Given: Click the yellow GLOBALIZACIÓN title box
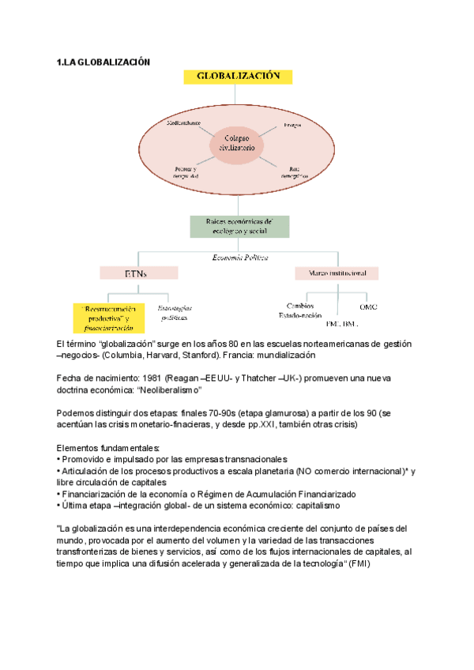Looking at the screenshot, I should [238, 77].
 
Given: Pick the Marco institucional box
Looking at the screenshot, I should [336, 273].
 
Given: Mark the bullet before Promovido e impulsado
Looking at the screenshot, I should [59, 459].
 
